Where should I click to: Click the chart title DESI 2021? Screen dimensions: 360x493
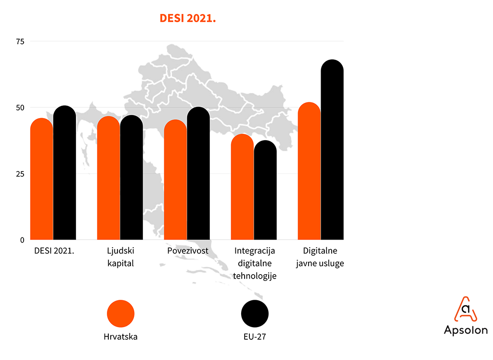click(x=186, y=19)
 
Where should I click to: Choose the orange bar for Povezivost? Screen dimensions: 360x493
click(x=175, y=180)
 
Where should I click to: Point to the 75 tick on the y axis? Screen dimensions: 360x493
click(x=20, y=41)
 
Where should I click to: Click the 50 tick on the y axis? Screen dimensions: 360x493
click(x=20, y=107)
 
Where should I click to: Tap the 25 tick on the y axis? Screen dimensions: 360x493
click(x=20, y=173)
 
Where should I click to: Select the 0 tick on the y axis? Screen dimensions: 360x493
click(x=22, y=240)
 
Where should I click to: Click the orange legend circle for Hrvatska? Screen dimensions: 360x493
click(x=120, y=314)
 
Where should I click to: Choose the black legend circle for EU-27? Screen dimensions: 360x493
click(x=255, y=314)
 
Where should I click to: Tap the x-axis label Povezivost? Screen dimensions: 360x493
click(x=188, y=251)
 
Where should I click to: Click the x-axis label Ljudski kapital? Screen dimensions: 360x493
click(x=120, y=257)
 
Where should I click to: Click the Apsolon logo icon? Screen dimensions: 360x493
click(x=465, y=309)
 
